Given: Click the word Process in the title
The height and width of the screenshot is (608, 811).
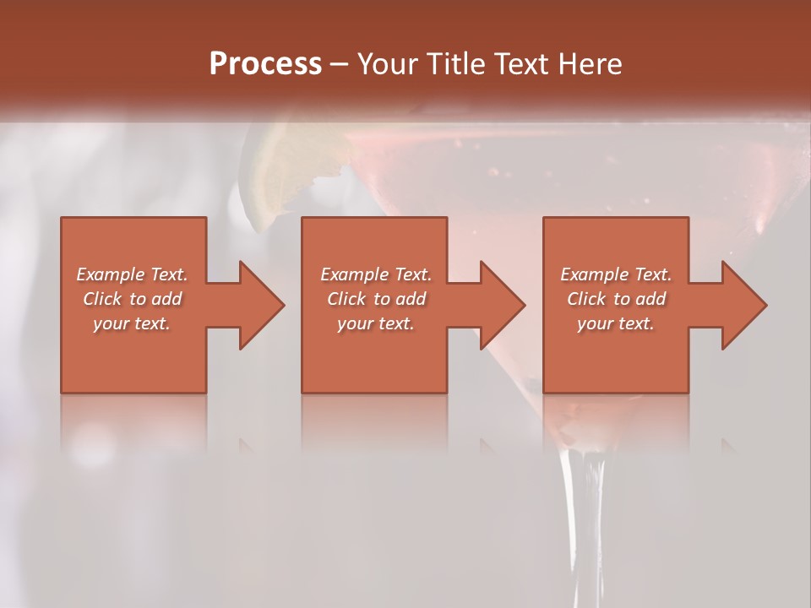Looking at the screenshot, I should pyautogui.click(x=265, y=64).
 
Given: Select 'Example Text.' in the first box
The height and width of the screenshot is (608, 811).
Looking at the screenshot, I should pyautogui.click(x=132, y=274).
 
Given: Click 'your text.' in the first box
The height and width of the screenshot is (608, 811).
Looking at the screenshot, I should pyautogui.click(x=132, y=323).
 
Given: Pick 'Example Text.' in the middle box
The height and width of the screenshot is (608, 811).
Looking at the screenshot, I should pyautogui.click(x=375, y=274).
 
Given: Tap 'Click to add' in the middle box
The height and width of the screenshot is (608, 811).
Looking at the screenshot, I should pyautogui.click(x=375, y=299).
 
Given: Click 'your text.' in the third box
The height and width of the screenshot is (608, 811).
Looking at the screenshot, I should pyautogui.click(x=616, y=323).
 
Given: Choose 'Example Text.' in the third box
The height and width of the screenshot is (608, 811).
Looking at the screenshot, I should pyautogui.click(x=616, y=274).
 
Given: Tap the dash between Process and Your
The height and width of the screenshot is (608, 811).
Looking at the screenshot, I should pyautogui.click(x=340, y=65).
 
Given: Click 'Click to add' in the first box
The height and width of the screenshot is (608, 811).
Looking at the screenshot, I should pyautogui.click(x=132, y=299).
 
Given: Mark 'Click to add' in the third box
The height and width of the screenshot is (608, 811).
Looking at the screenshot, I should pyautogui.click(x=616, y=299).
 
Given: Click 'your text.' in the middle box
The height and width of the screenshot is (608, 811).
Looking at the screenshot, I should pyautogui.click(x=375, y=323).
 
